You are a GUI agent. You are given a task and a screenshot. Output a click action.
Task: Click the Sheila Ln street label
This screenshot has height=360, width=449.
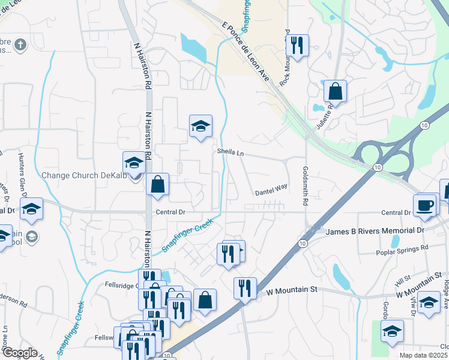[231, 153]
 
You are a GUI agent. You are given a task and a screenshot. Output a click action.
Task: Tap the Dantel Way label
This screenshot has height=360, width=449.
[271, 190]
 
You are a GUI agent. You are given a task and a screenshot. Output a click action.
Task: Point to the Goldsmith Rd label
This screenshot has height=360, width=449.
[305, 186]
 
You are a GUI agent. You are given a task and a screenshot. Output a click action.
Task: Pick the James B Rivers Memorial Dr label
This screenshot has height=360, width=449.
[375, 231]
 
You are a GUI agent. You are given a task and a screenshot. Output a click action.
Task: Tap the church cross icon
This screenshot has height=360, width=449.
[20, 44]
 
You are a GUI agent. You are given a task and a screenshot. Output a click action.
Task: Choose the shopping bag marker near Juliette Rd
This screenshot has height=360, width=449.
[336, 92]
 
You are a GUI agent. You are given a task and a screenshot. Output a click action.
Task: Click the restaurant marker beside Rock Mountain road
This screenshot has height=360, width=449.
[297, 45]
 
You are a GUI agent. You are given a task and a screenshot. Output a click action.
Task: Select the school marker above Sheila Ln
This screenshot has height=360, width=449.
[200, 126]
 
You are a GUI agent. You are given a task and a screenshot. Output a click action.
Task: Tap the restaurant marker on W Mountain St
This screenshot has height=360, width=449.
[245, 288]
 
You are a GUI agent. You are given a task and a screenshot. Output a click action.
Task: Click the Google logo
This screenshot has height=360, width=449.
[20, 353]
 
